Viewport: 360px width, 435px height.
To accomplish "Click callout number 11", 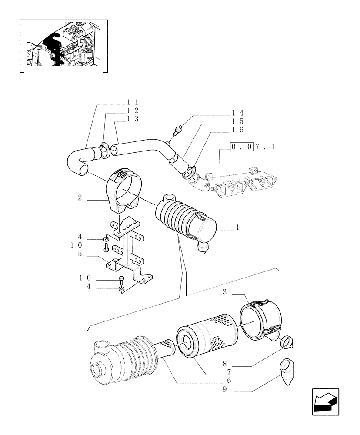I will tap(132, 102).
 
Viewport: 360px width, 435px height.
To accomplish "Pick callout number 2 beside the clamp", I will tap(80, 198).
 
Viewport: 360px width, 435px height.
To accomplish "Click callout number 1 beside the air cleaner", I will tap(237, 227).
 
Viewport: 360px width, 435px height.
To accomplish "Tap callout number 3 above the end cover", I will tap(225, 292).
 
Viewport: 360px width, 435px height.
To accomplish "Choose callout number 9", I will tap(225, 390).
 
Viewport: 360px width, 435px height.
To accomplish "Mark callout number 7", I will tap(228, 372).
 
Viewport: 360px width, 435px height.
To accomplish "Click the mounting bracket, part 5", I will tap(128, 252).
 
